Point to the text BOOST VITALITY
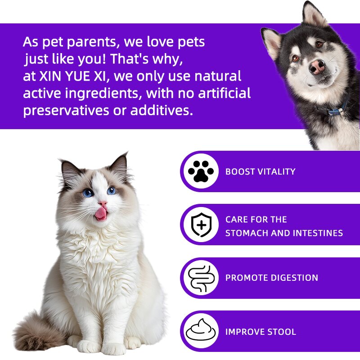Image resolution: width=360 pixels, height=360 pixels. click(260, 171)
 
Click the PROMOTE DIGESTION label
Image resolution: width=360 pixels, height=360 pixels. click(271, 278)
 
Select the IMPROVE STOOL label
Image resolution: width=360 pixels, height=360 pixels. click(261, 332)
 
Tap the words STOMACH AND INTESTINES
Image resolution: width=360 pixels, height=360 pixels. click(284, 233)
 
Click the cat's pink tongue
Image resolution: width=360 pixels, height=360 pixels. click(101, 213)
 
